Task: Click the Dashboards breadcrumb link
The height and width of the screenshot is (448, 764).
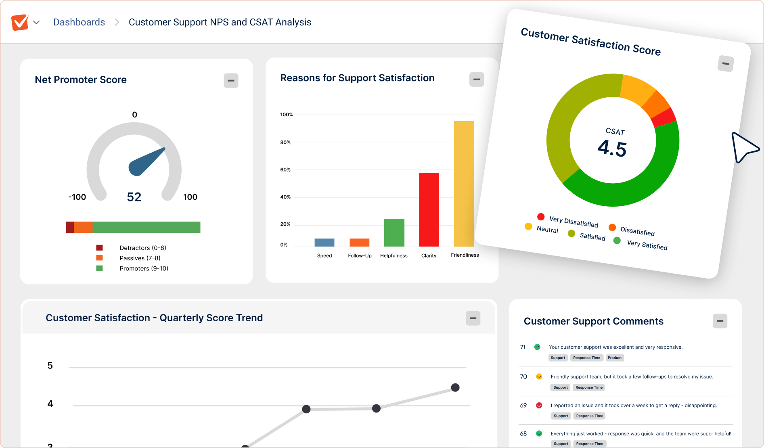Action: [x=79, y=22]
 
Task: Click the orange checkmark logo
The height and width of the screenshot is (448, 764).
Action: [x=20, y=22]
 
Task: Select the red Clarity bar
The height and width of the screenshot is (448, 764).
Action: [x=429, y=209]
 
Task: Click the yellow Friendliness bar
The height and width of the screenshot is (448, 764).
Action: [x=464, y=184]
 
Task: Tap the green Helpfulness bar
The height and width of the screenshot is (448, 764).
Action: [x=394, y=232]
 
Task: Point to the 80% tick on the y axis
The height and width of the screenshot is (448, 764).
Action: [x=285, y=142]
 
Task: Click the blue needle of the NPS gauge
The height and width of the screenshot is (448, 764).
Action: [x=145, y=162]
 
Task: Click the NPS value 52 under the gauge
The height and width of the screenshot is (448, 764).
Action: [x=134, y=197]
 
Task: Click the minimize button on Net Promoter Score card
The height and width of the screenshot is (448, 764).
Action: [x=231, y=80]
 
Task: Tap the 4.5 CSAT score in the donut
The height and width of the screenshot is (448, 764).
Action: [x=612, y=148]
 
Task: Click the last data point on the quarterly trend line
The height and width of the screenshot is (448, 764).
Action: [x=455, y=387]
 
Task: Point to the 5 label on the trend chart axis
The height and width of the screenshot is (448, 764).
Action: [x=50, y=366]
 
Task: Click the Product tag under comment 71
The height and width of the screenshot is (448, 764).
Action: [x=614, y=358]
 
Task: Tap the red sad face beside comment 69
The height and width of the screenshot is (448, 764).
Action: [x=539, y=405]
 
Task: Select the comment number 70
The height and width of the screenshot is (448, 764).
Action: [x=523, y=377]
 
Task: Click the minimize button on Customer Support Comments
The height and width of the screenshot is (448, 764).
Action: [x=720, y=321]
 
